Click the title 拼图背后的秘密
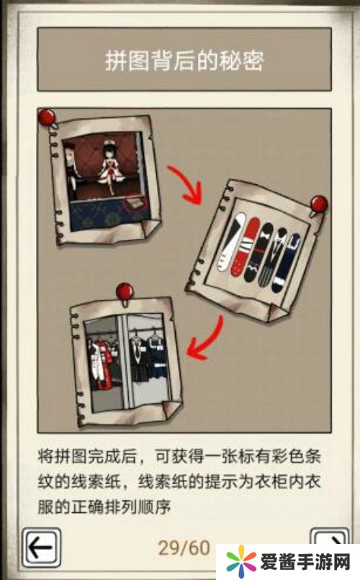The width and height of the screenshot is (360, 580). (184, 60)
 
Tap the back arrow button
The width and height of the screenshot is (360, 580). (41, 548)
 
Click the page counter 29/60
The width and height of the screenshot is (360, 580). (184, 548)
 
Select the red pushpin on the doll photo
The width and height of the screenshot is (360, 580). (48, 117)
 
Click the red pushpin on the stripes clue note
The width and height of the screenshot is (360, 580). (318, 205)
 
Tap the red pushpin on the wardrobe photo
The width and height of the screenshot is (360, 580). (125, 293)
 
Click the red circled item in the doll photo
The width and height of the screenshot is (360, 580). (135, 204)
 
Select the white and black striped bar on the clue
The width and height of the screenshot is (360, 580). (230, 243)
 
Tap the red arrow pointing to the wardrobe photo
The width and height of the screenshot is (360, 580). (207, 341)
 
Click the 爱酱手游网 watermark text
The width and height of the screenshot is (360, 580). (305, 563)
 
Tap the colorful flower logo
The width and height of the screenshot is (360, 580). (241, 561)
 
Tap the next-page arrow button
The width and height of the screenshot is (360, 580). (330, 539)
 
